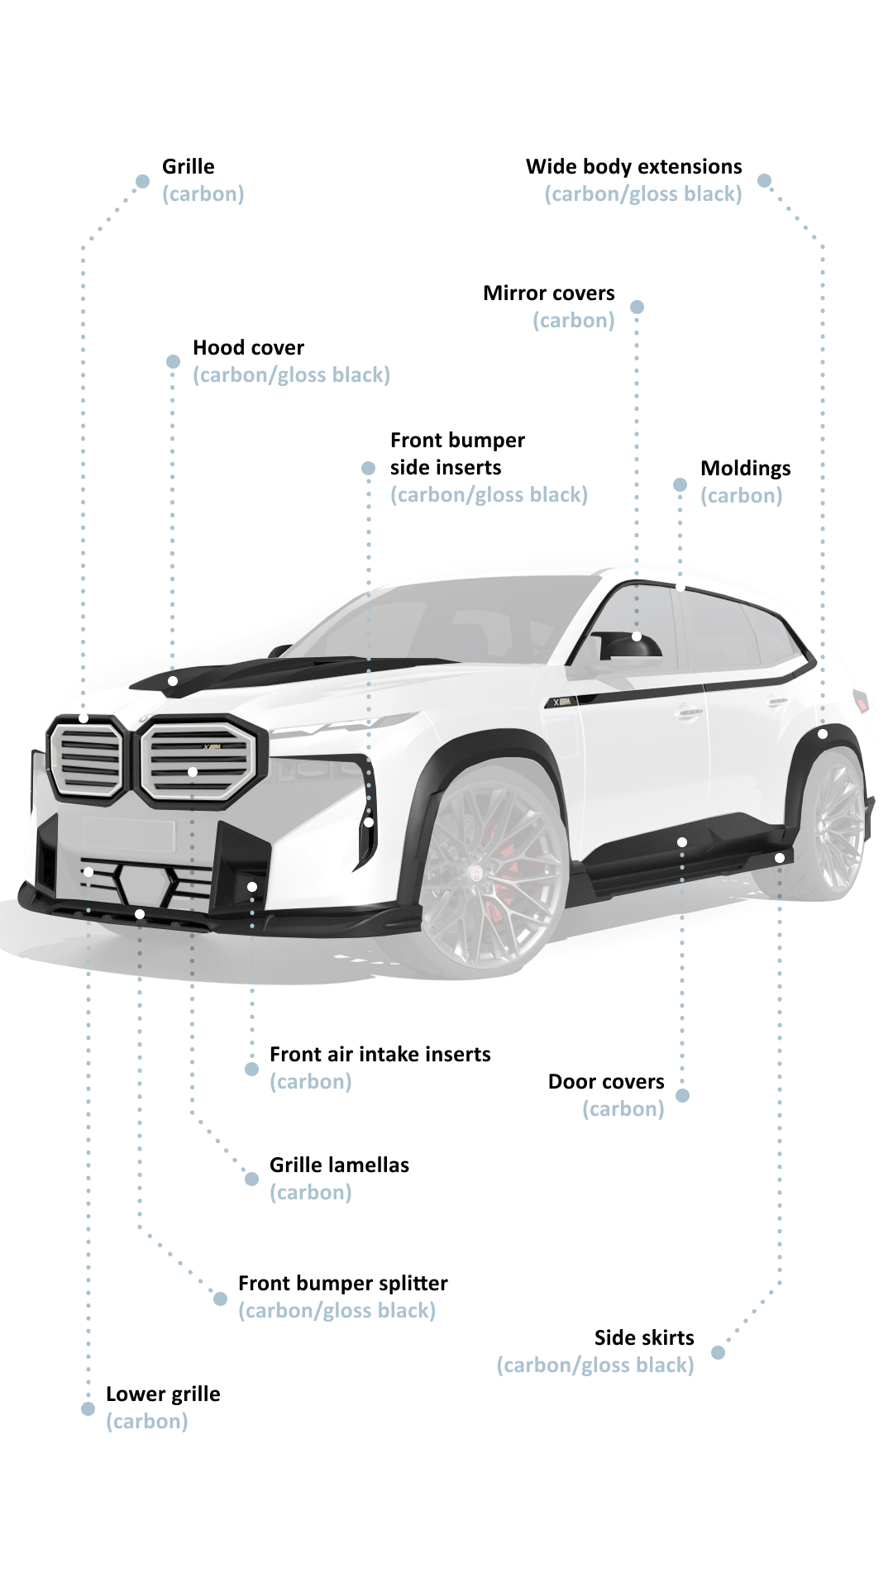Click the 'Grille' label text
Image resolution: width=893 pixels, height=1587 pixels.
coord(189,167)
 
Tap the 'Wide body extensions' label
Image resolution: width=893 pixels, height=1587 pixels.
coord(634,167)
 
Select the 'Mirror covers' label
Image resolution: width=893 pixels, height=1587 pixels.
coord(549,293)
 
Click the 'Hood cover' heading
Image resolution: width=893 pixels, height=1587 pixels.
coord(248,348)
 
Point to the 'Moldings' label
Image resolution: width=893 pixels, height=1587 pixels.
coord(746,469)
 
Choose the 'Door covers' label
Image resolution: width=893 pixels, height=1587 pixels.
coord(606,1082)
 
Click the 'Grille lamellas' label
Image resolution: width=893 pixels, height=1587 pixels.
coord(339,1165)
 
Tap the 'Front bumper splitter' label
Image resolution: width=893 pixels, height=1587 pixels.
coord(343,1284)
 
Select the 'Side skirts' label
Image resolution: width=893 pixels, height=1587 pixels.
coord(644,1338)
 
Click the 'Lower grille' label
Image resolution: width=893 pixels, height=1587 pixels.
coord(163,1394)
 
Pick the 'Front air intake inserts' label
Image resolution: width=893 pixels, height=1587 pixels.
coord(380,1055)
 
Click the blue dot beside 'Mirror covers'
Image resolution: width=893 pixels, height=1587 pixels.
coord(637,307)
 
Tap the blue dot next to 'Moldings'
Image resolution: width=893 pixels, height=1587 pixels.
coord(680,485)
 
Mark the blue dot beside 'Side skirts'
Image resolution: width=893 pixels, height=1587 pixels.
coord(718,1353)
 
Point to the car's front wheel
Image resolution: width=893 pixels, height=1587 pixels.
coord(491,868)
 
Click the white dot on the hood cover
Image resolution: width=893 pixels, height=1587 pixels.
coord(173,681)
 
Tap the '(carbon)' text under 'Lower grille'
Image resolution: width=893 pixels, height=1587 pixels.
coord(147,1422)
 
